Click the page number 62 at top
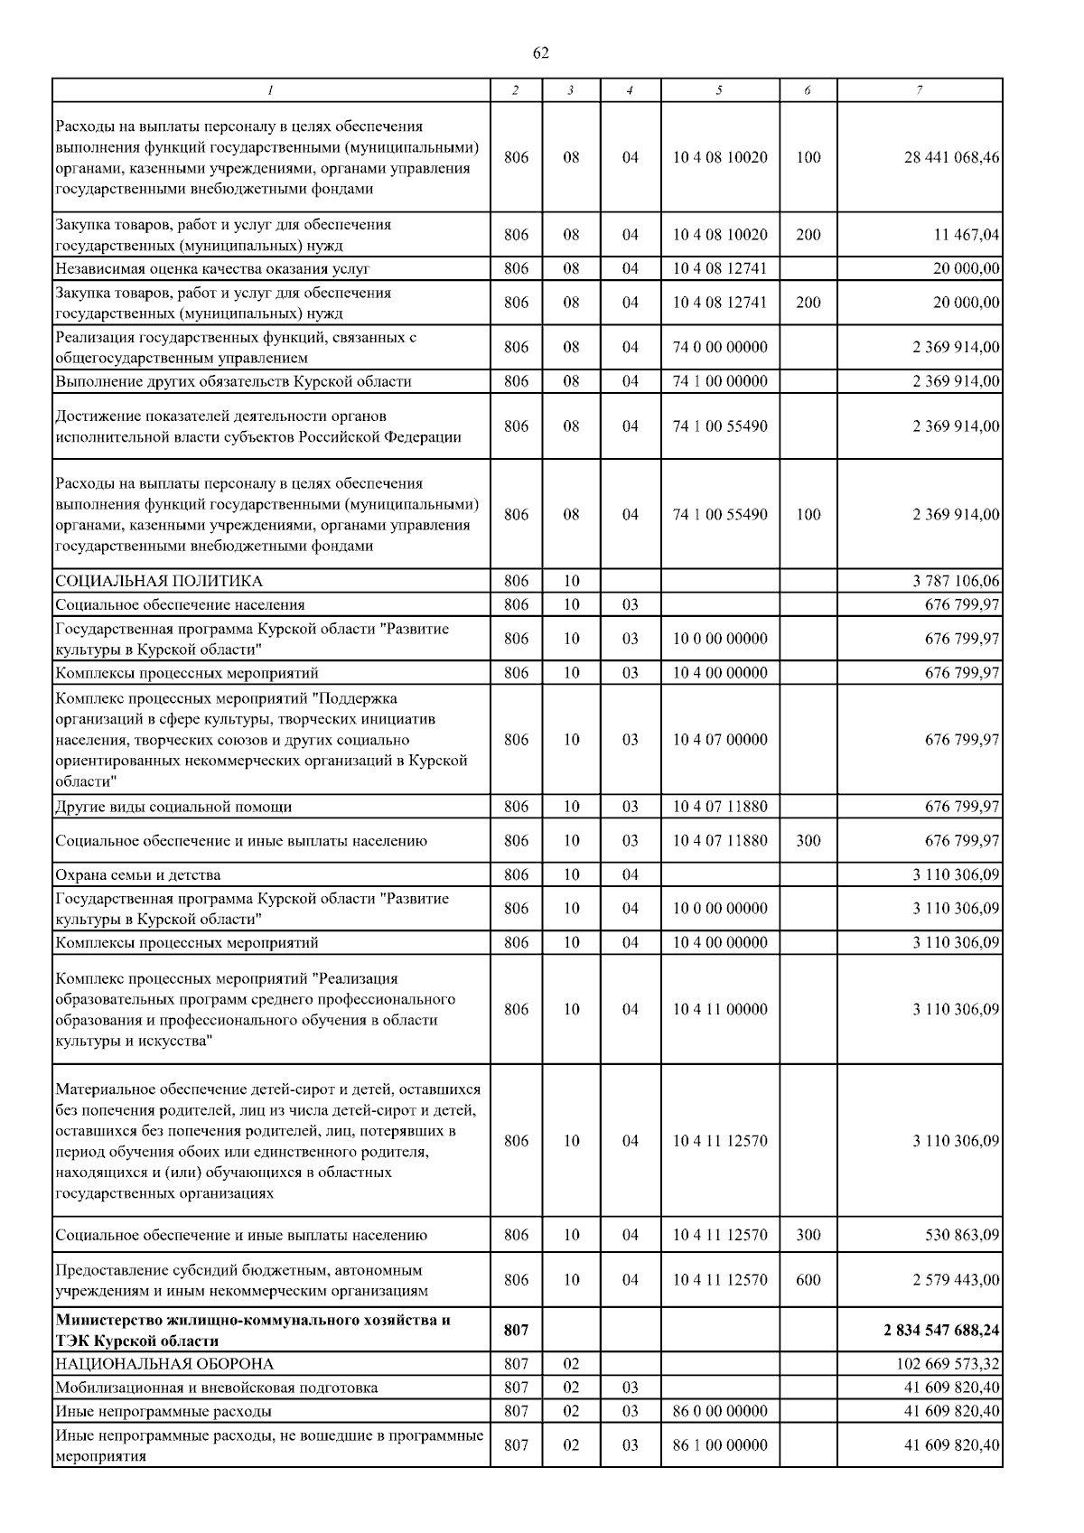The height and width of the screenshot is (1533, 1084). click(540, 53)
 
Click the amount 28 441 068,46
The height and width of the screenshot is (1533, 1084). click(951, 157)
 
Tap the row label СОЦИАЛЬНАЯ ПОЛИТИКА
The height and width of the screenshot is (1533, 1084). click(158, 581)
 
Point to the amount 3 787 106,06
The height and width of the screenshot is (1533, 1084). click(956, 581)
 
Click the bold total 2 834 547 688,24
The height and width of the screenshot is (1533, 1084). click(941, 1330)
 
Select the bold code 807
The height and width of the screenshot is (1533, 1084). click(516, 1330)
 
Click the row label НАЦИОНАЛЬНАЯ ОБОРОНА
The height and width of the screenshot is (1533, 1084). click(164, 1364)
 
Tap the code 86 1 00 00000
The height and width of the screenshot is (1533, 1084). click(720, 1445)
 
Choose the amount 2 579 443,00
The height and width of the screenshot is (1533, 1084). click(956, 1280)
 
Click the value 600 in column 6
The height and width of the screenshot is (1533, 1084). click(808, 1280)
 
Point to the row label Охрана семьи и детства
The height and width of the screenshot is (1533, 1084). click(137, 874)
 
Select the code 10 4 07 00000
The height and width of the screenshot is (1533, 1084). click(720, 740)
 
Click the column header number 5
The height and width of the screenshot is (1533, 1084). click(720, 90)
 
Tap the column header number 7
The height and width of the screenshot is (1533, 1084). click(919, 90)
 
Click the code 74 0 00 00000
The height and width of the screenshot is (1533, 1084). click(720, 347)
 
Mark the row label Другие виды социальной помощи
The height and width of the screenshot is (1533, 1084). click(173, 807)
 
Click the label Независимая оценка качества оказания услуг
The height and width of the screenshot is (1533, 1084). click(212, 268)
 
